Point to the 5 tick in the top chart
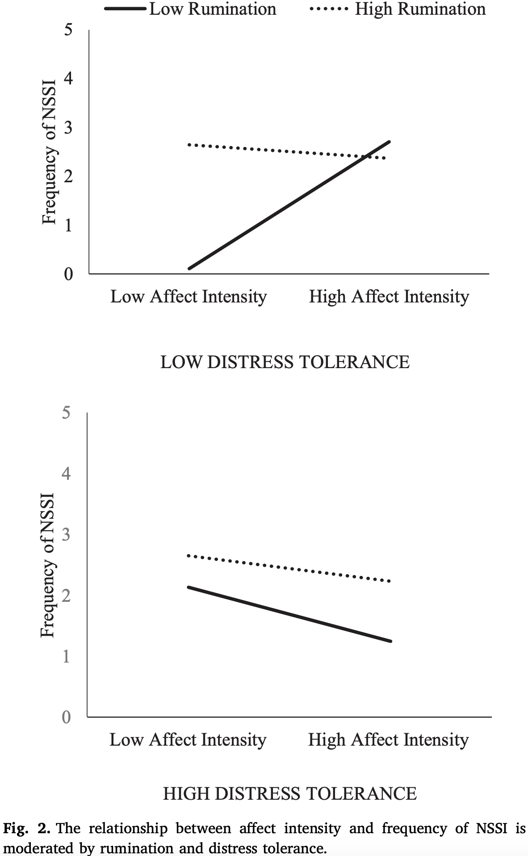[x=68, y=30]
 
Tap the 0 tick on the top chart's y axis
[x=68, y=273]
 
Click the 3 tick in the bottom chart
[x=67, y=534]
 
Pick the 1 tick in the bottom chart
[x=67, y=656]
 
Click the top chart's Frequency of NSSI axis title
[x=50, y=152]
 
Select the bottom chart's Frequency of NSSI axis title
[x=47, y=565]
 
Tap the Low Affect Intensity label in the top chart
[x=189, y=296]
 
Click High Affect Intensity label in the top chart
[x=389, y=296]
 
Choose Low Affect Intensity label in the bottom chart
[x=188, y=739]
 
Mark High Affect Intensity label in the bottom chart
[x=388, y=739]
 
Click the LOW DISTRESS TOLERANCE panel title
[x=285, y=361]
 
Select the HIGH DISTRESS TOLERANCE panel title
[x=289, y=793]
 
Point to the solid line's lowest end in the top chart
[x=189, y=269]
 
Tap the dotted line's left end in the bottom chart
[x=189, y=556]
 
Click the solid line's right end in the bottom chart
[x=390, y=641]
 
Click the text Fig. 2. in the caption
[x=26, y=829]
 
